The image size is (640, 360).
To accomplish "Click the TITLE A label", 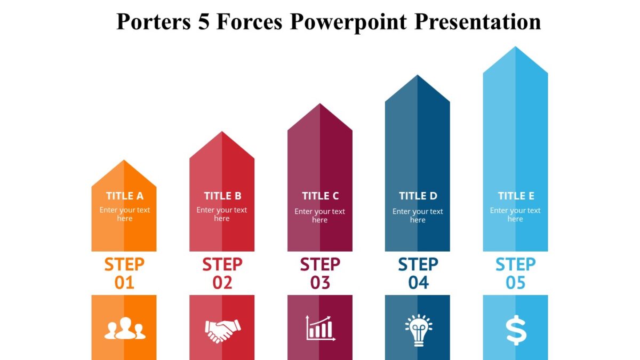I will pyautogui.click(x=124, y=196).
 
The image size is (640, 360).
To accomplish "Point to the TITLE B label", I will pyautogui.click(x=222, y=196).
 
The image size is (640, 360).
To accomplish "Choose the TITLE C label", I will pyautogui.click(x=320, y=196).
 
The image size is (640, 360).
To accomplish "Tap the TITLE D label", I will pyautogui.click(x=418, y=196).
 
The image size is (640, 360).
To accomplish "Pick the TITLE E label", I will pyautogui.click(x=516, y=196).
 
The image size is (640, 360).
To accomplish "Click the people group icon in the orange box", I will pyautogui.click(x=124, y=329).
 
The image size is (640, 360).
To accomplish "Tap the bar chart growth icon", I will pyautogui.click(x=320, y=328).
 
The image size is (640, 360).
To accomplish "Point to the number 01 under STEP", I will pyautogui.click(x=124, y=283).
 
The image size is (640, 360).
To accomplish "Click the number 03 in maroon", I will pyautogui.click(x=320, y=283).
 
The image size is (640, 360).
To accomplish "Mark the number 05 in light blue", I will pyautogui.click(x=516, y=283).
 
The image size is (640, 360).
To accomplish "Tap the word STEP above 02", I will pyautogui.click(x=222, y=265).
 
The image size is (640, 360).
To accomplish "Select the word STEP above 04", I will pyautogui.click(x=418, y=265).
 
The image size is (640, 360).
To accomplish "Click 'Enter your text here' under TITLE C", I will pyautogui.click(x=320, y=215).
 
